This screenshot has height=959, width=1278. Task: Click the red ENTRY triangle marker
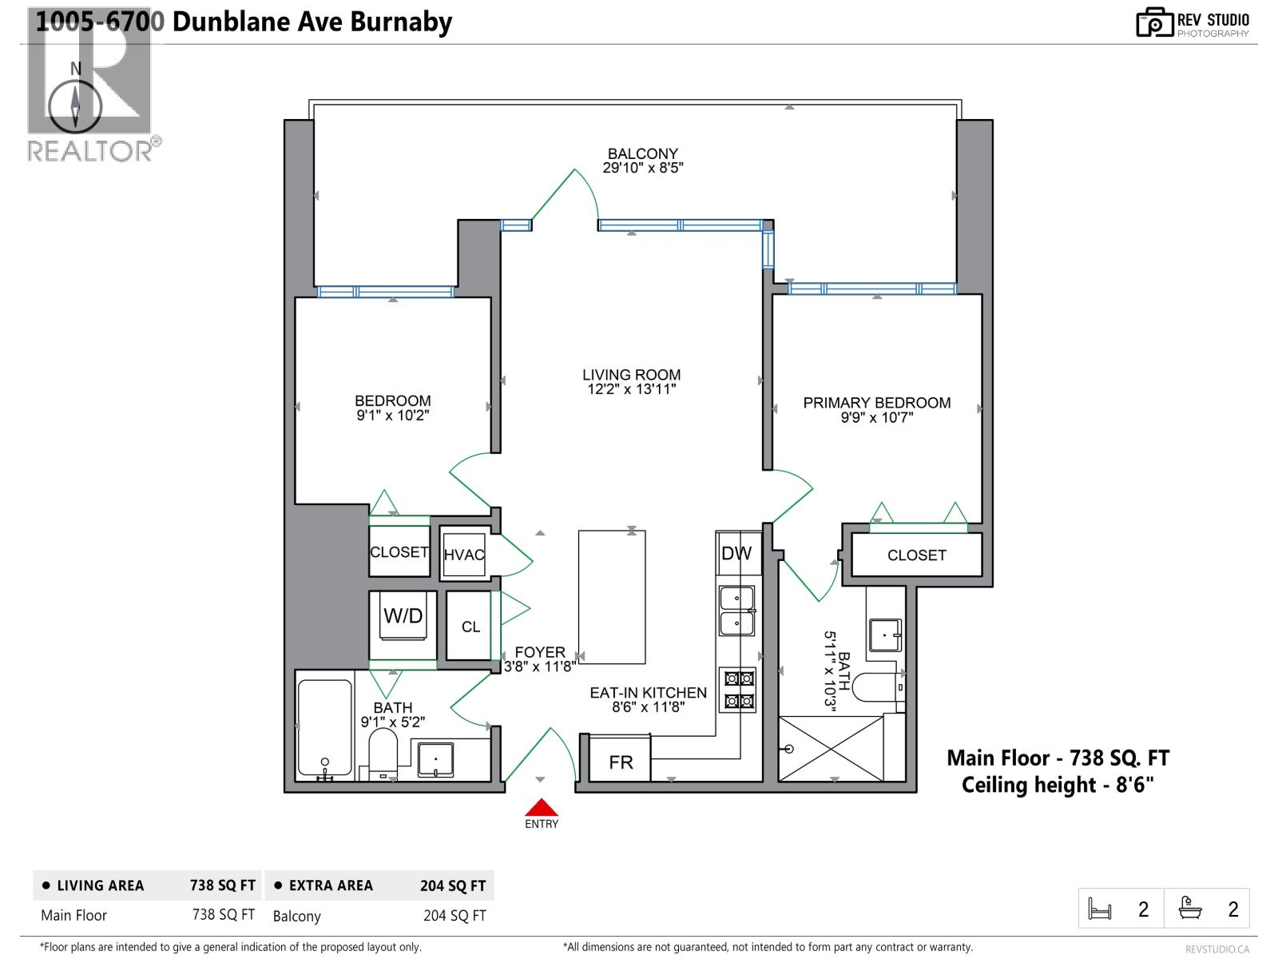(x=541, y=807)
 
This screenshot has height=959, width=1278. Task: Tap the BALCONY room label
(x=642, y=153)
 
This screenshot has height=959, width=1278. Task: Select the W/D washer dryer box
(x=403, y=617)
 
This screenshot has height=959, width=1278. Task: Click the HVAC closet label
(x=464, y=555)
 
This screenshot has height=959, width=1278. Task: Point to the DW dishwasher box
(x=736, y=553)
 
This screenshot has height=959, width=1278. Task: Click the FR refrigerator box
(x=621, y=762)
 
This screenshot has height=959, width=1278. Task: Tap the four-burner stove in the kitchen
(x=739, y=690)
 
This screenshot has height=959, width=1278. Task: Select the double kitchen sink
(x=736, y=611)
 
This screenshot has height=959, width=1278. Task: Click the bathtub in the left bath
(x=324, y=728)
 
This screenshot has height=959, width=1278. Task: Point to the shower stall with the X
(x=831, y=748)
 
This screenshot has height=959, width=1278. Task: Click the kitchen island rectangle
(x=612, y=597)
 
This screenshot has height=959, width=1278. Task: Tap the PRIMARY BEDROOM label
(x=876, y=403)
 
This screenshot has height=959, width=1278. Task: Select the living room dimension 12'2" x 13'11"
(x=631, y=390)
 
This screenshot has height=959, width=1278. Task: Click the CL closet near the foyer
(x=470, y=627)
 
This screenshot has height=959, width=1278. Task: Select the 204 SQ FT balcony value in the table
(x=454, y=916)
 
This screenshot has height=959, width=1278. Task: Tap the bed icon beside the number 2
(x=1100, y=909)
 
